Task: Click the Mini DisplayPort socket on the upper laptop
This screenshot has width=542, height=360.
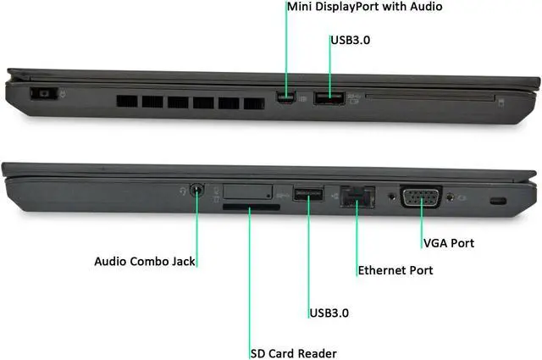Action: point(286,100)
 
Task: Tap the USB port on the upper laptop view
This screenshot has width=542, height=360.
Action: point(329,99)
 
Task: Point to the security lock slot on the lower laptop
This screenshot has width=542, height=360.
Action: point(500,201)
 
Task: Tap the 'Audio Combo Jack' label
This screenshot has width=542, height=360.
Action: point(145,261)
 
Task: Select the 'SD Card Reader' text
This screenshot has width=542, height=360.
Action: point(293,352)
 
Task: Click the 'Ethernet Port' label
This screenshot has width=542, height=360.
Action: point(395,270)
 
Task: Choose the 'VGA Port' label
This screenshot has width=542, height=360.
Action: point(449,243)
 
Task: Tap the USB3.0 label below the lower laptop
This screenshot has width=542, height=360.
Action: point(329,313)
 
